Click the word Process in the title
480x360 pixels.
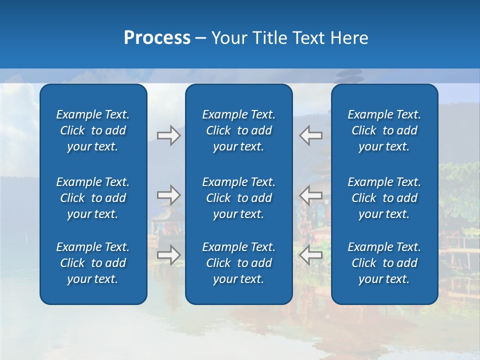click(x=157, y=38)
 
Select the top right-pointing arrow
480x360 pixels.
click(x=168, y=135)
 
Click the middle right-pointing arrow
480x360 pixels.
click(x=168, y=194)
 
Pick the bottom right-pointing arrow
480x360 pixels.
click(x=168, y=254)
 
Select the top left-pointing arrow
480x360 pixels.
click(x=311, y=135)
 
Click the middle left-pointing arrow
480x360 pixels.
click(x=311, y=194)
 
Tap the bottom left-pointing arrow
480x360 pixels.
click(x=311, y=254)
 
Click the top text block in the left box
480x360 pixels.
click(x=93, y=130)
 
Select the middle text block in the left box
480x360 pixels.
click(x=93, y=198)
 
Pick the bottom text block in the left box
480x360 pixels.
click(x=93, y=263)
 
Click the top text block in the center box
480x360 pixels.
click(x=238, y=130)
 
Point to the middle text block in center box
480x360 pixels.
click(x=238, y=198)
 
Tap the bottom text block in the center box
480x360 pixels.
click(x=238, y=263)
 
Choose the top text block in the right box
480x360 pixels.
click(x=384, y=130)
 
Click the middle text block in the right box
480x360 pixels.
click(x=384, y=198)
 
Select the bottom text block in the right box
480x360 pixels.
click(x=384, y=263)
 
